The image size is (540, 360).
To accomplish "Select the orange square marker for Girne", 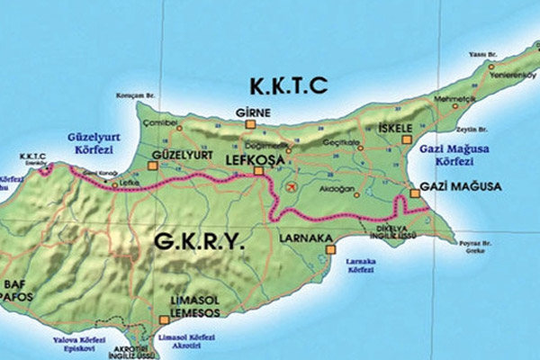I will [252, 125].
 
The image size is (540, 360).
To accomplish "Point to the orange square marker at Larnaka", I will [331, 247].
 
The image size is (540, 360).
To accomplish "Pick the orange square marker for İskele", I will [407, 140].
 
